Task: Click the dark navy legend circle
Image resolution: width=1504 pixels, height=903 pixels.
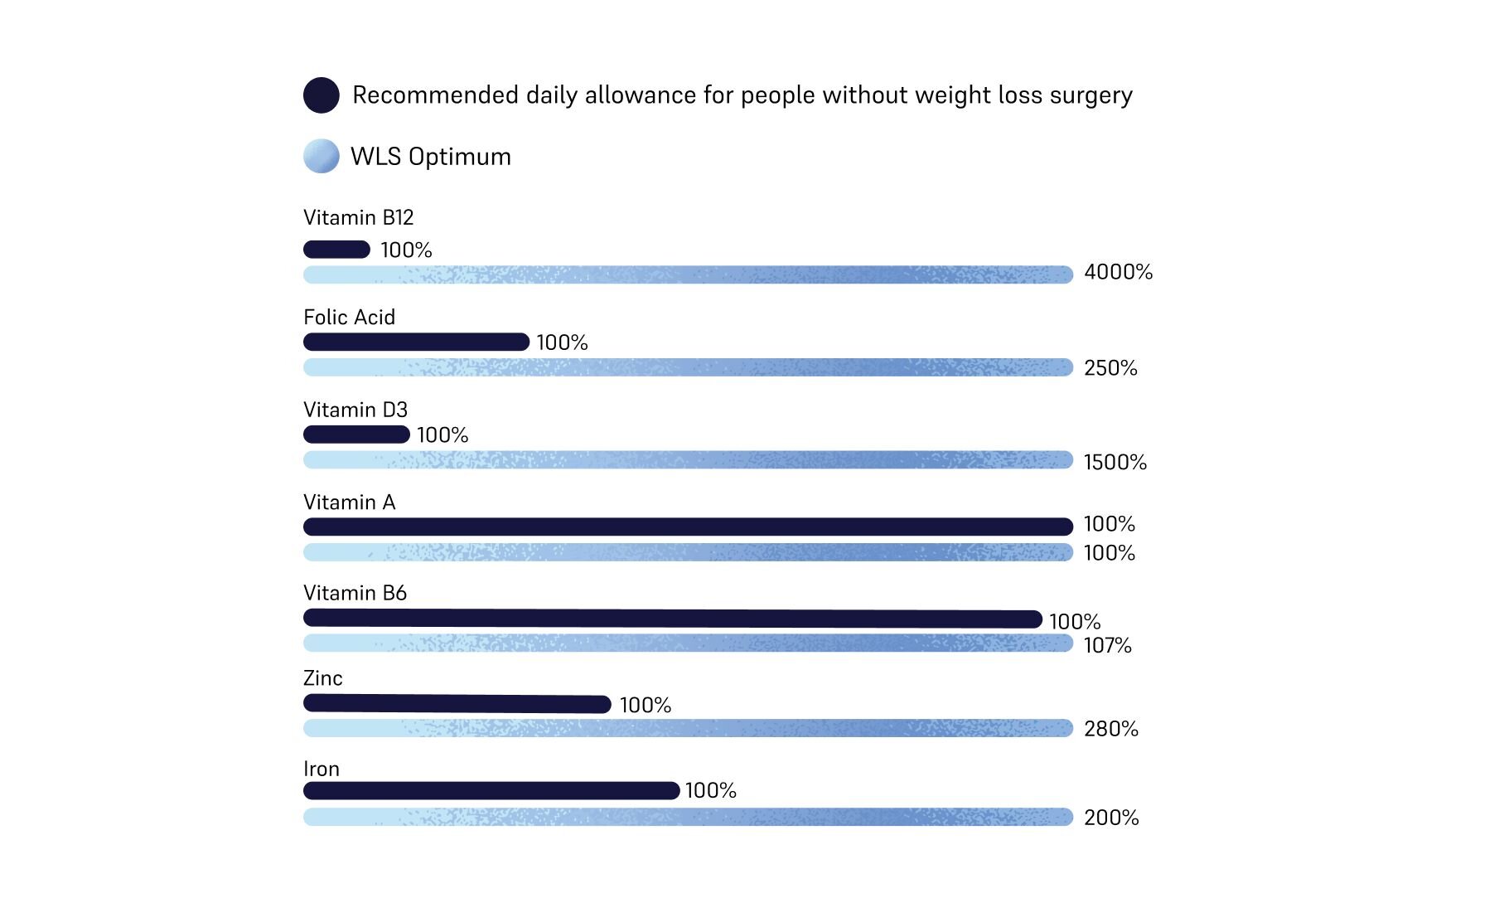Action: click(x=322, y=95)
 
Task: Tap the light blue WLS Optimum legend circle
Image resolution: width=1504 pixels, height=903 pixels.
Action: click(x=322, y=156)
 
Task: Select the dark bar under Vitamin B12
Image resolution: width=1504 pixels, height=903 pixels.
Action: click(x=336, y=250)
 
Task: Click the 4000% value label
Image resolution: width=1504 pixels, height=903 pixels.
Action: click(x=1118, y=272)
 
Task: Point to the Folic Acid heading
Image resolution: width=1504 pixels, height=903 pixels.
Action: click(x=349, y=318)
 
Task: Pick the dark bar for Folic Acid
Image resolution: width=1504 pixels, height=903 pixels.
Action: click(x=416, y=342)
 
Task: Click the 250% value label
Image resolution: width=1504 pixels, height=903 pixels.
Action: click(x=1110, y=368)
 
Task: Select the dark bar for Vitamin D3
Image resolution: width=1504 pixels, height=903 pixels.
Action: click(x=356, y=435)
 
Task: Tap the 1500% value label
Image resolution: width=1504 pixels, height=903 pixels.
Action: click(x=1115, y=462)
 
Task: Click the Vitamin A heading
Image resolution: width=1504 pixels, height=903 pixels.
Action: click(x=349, y=502)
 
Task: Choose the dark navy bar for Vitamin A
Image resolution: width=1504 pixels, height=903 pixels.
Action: click(x=688, y=527)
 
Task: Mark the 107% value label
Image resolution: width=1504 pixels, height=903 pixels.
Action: click(x=1107, y=645)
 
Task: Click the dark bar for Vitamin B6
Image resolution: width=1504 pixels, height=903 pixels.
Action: click(x=672, y=619)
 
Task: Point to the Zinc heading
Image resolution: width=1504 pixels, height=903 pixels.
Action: click(x=322, y=678)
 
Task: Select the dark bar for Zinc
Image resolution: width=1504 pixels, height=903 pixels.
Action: click(x=457, y=704)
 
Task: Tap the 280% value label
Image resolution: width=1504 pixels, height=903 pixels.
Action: click(x=1110, y=729)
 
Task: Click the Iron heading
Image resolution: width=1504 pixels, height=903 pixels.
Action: click(x=322, y=769)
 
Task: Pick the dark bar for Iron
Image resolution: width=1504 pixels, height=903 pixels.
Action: click(x=491, y=790)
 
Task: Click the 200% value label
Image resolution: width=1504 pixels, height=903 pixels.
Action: click(x=1110, y=818)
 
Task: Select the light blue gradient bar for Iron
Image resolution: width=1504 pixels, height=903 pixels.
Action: click(x=688, y=817)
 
